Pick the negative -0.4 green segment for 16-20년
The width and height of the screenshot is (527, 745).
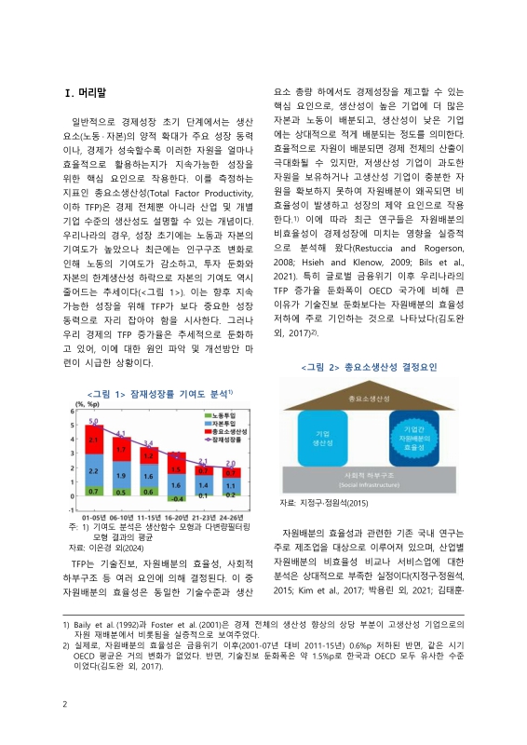click(x=175, y=497)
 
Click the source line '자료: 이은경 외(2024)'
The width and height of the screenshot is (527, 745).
click(x=101, y=548)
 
